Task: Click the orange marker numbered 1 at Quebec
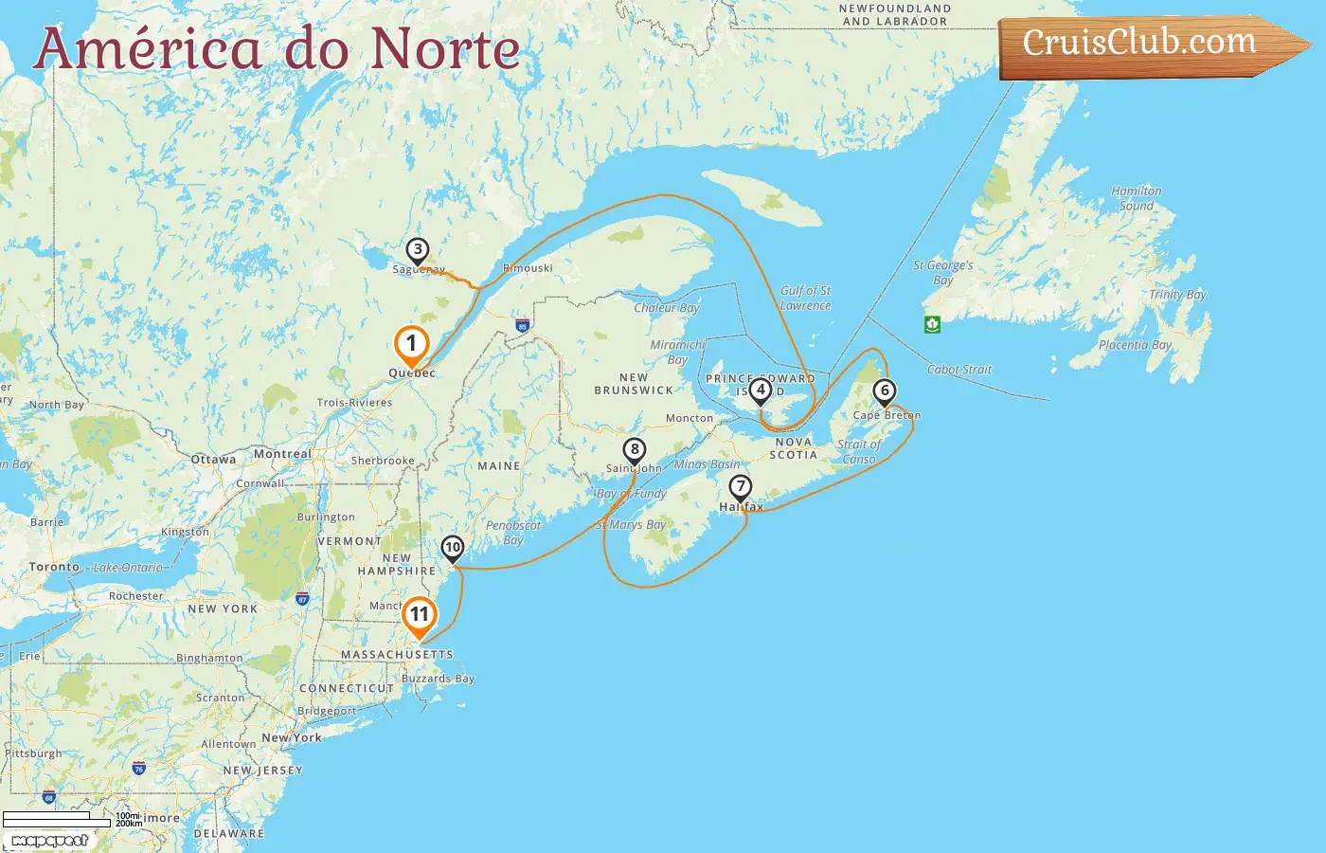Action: point(411,344)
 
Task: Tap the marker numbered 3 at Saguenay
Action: point(417,251)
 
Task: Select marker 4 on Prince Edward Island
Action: point(760,390)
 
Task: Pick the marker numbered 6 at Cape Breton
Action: point(885,390)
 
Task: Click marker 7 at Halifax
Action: point(740,487)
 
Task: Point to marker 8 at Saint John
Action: point(635,450)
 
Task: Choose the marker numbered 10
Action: point(453,547)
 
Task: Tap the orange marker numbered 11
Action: point(419,615)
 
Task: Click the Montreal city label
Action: point(282,454)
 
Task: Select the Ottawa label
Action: point(213,460)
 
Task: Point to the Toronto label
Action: point(54,567)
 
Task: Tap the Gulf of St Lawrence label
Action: point(805,298)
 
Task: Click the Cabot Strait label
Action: point(959,370)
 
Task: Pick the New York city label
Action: point(292,737)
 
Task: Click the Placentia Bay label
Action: point(1135,345)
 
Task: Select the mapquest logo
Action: point(50,841)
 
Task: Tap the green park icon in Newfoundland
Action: point(932,324)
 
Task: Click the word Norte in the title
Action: point(445,49)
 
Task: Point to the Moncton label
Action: point(690,418)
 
